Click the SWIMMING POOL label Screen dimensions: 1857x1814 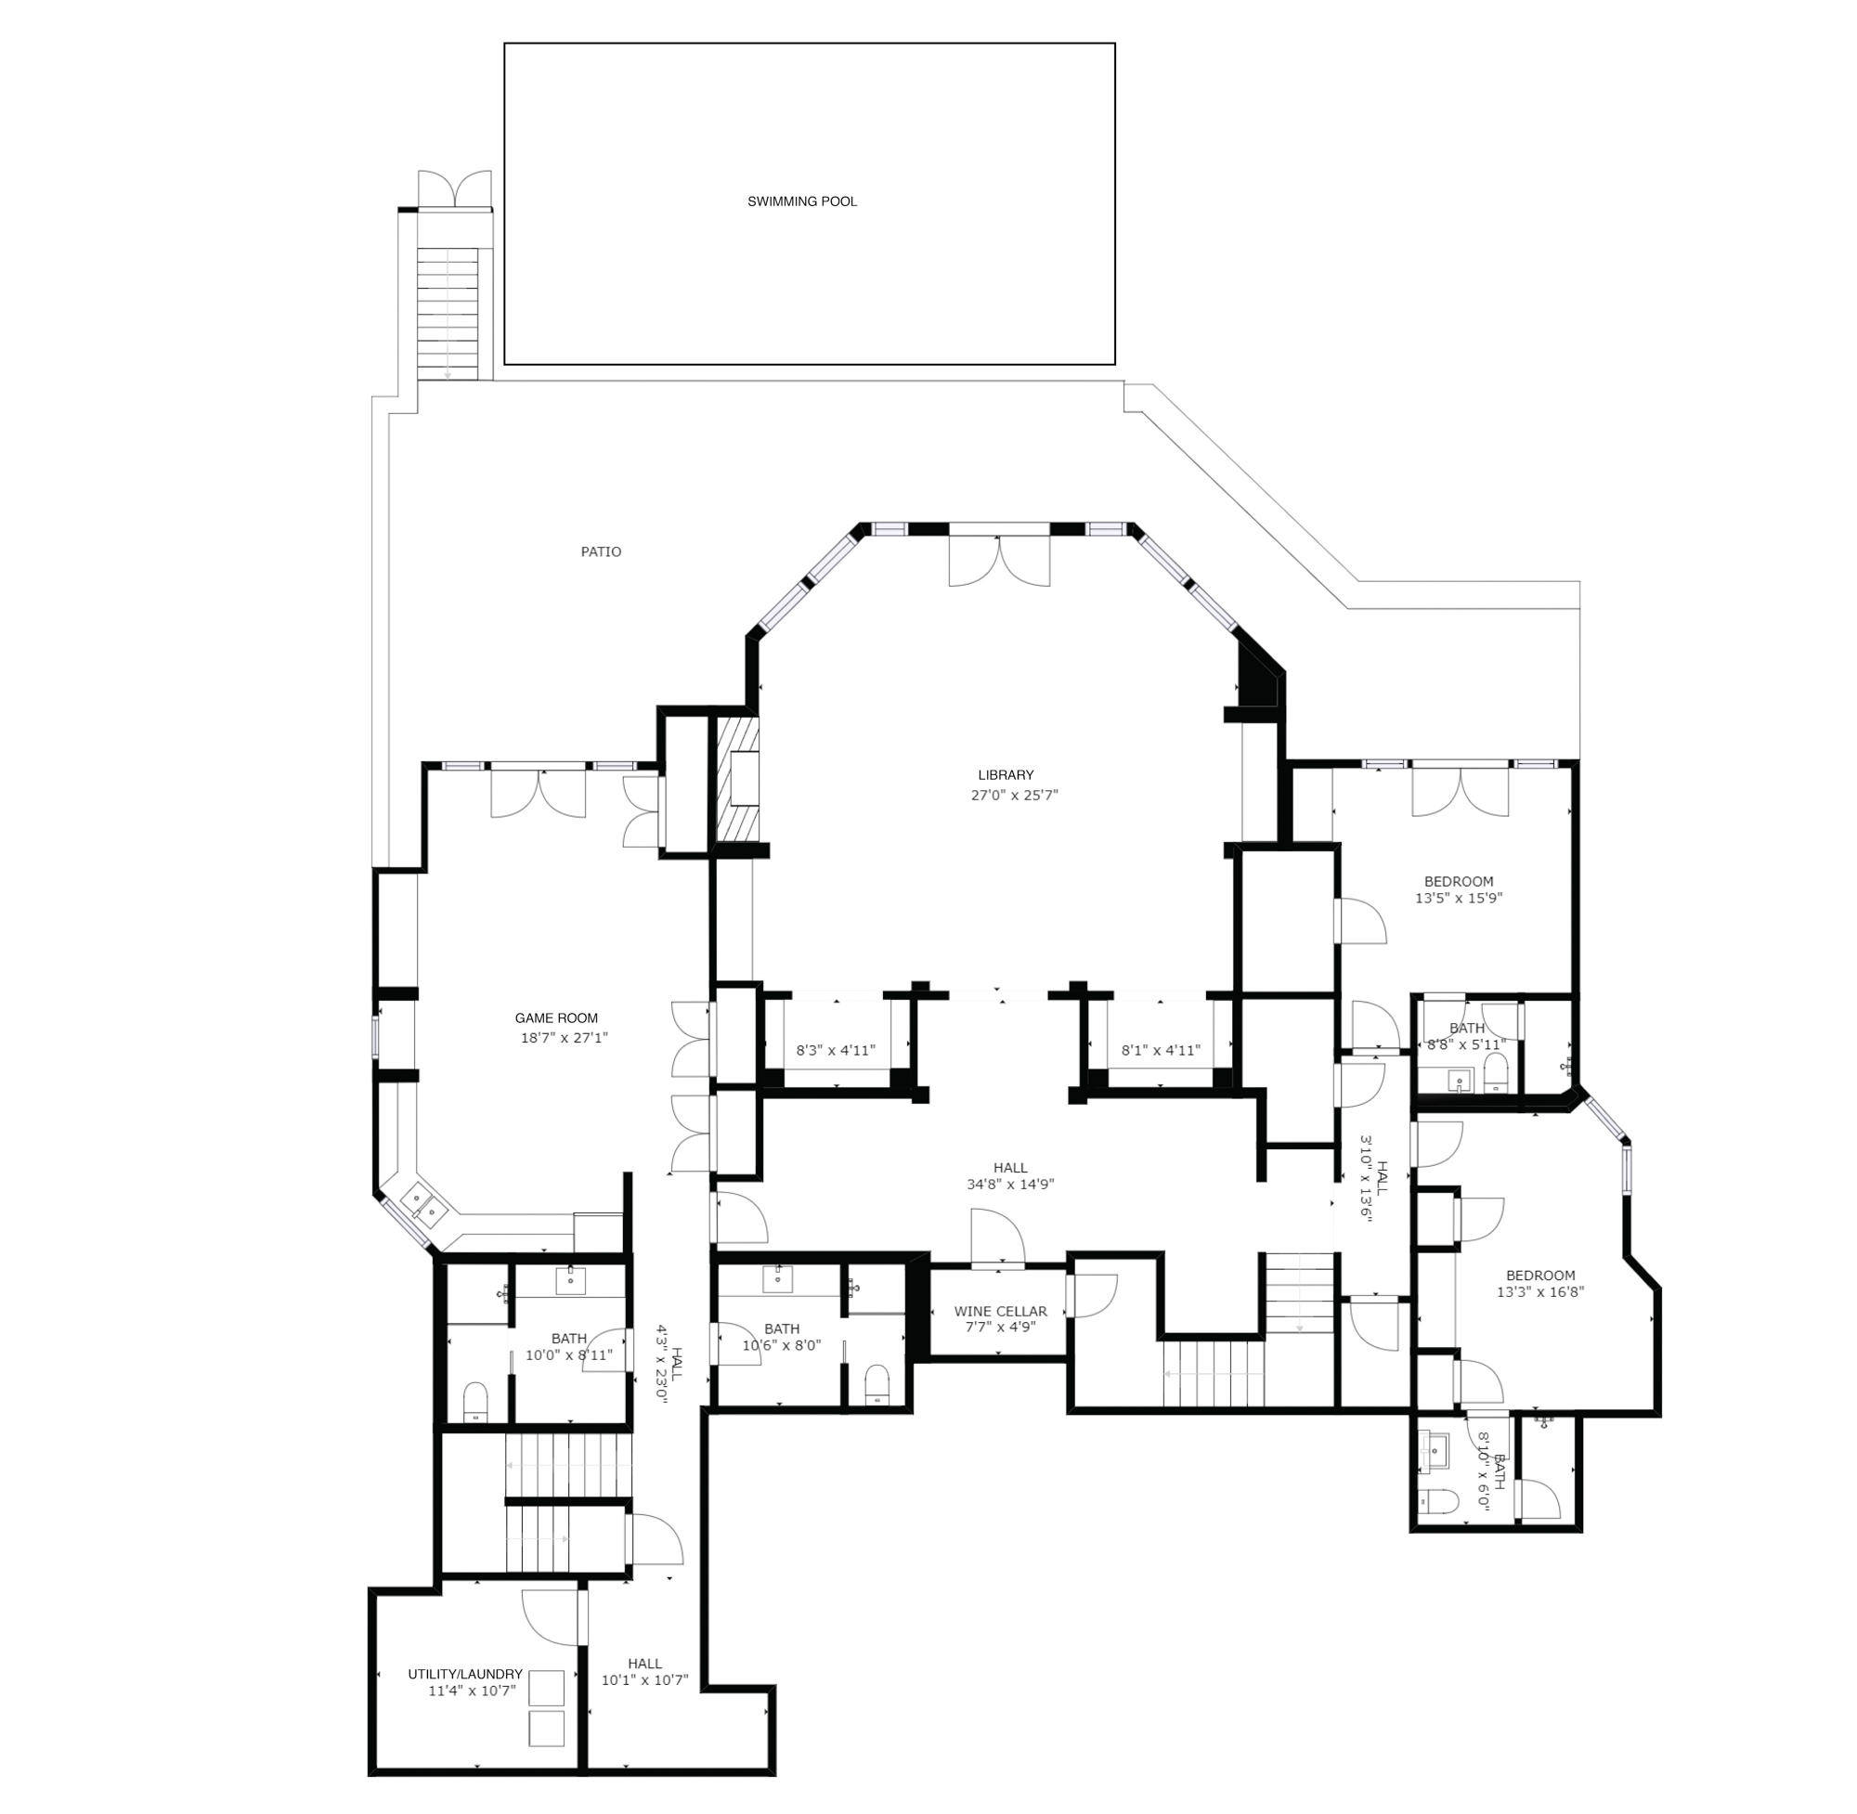pos(801,202)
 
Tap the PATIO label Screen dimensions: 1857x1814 pos(602,551)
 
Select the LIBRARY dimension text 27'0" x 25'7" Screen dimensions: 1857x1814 pos(1015,795)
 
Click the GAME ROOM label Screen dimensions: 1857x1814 pos(556,1018)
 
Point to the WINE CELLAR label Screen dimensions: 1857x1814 pos(1000,1312)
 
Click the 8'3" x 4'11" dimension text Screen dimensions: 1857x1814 pos(836,1051)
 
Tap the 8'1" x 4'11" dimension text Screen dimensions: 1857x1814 pos(1161,1051)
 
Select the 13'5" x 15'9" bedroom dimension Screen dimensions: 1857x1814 pos(1459,898)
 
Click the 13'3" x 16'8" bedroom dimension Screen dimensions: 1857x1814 pos(1540,1292)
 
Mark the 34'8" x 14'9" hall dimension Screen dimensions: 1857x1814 pos(1010,1185)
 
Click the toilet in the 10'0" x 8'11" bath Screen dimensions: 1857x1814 pos(474,1403)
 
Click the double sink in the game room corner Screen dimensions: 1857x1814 pos(424,1204)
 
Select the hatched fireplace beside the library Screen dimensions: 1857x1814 pos(737,779)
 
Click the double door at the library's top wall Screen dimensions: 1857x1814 pos(999,561)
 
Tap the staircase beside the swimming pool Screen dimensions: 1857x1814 pos(448,314)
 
